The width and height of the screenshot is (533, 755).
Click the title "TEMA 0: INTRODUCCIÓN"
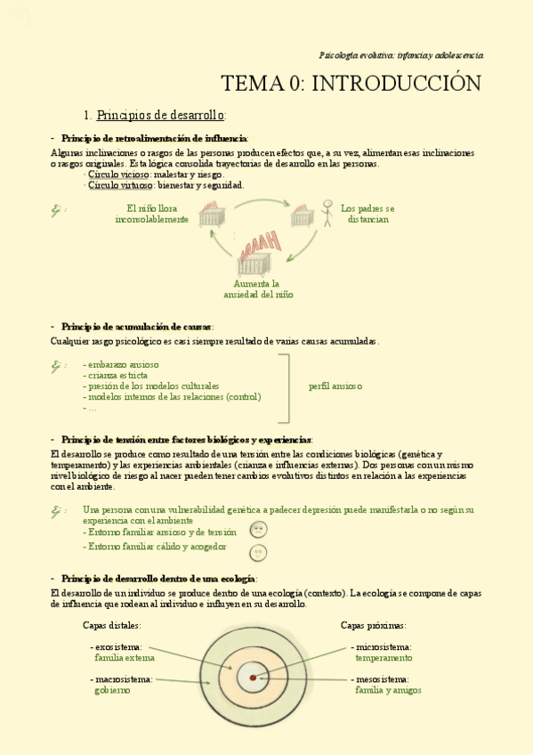coord(351,84)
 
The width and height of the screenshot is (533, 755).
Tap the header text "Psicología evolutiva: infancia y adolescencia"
coord(400,55)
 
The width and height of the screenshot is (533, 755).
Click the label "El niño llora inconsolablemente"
coord(151,214)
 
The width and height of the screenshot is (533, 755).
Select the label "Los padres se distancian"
coord(367,214)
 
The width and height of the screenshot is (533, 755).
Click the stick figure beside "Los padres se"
coord(327,212)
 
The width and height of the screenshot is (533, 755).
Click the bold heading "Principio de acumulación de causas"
coord(137,327)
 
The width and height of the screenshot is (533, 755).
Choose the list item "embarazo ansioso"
coord(122,364)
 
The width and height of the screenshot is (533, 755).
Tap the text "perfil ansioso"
coord(335,386)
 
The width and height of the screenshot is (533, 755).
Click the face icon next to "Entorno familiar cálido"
coord(258,552)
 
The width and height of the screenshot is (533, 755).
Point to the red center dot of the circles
coord(253,678)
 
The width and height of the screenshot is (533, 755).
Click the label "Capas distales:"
coord(111,625)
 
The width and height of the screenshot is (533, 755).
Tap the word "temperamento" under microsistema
coord(384,658)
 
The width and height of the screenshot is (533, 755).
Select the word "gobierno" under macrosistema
coord(112,690)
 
